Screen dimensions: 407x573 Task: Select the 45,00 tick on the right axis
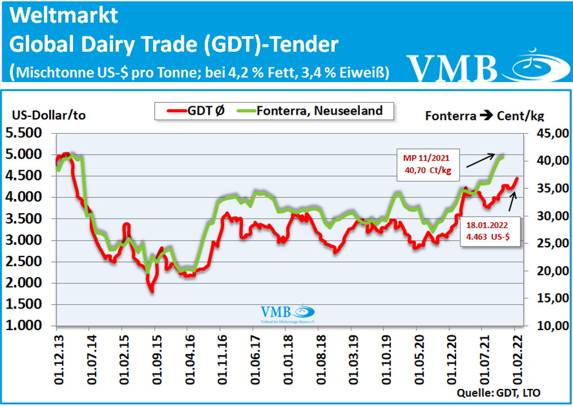coord(543,133)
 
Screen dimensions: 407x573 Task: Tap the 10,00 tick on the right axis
coord(543,325)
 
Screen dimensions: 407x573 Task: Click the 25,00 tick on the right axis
coord(543,243)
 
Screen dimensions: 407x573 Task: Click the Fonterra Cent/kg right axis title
coord(485,116)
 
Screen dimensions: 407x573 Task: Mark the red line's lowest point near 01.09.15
coord(152,290)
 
